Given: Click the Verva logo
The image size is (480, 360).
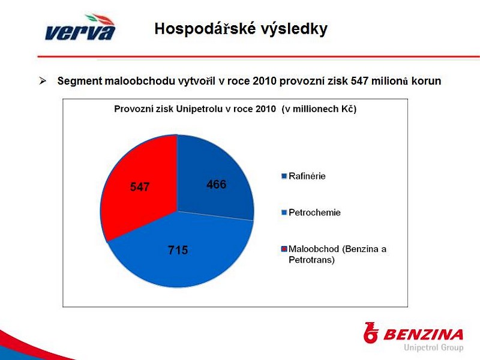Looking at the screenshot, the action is [x=80, y=27].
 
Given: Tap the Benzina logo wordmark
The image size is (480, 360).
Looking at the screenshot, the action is [x=423, y=335].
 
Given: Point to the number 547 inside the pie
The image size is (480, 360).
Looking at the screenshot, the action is [x=140, y=187].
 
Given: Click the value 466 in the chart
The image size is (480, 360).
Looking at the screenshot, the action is [x=217, y=184].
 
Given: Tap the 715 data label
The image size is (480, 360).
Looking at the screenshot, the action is [x=178, y=250].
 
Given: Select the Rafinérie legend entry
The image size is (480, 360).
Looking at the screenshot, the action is [x=304, y=176].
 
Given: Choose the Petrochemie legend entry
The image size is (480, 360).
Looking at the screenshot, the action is [x=311, y=212].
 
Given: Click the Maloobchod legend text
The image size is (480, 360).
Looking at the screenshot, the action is [x=337, y=254].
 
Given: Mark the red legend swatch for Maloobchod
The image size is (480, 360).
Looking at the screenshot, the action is [x=284, y=249].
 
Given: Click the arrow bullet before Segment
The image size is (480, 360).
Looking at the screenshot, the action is [x=43, y=81].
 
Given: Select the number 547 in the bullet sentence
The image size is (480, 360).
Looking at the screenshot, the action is [x=359, y=81].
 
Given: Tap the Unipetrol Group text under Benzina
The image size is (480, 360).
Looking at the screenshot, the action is [x=433, y=347].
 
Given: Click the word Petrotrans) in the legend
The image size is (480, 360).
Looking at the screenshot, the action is [x=311, y=260].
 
